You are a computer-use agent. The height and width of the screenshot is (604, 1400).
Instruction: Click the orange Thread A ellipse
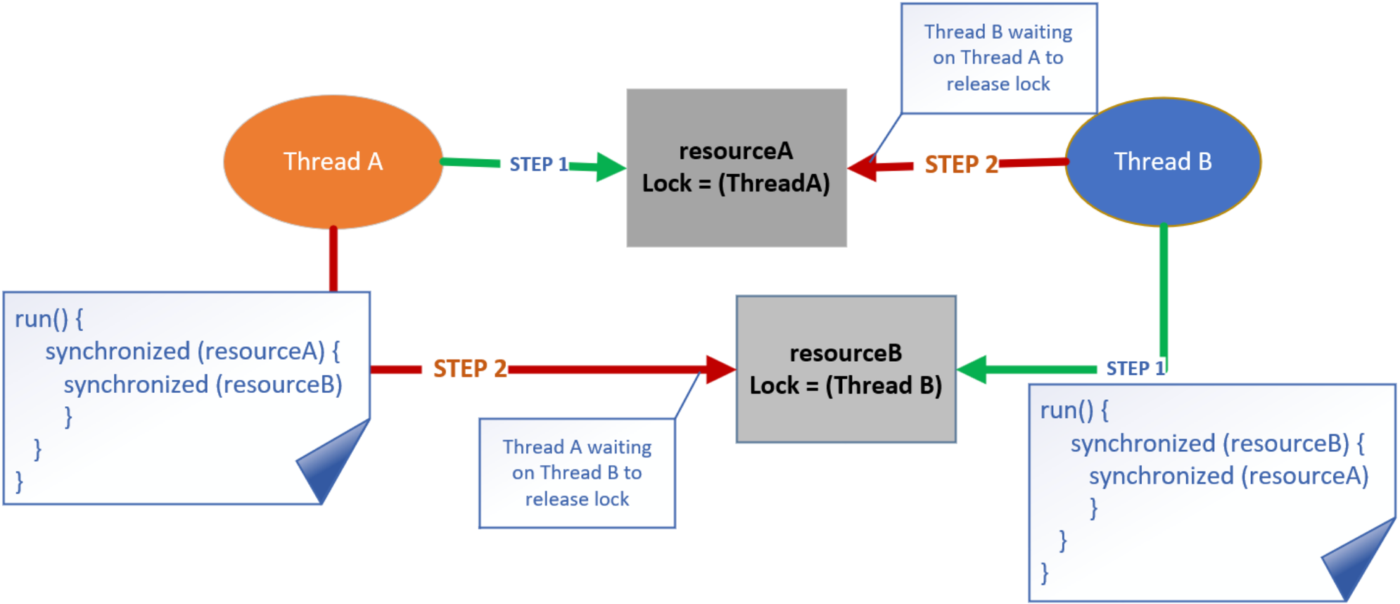point(333,162)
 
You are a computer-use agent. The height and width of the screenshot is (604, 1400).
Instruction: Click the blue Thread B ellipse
point(1162,162)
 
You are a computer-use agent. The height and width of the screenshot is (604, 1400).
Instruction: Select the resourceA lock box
point(736,168)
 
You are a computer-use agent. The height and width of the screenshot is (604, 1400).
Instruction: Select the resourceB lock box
point(845,369)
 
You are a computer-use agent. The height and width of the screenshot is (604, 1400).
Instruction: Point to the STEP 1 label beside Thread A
point(538,164)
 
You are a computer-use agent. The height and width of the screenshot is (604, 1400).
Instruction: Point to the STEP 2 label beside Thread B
point(961,164)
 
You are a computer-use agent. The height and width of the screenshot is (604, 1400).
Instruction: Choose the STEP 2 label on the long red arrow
point(470,368)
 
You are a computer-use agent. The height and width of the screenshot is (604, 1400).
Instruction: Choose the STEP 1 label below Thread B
point(1135,368)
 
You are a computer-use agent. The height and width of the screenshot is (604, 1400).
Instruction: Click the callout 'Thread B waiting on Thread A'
point(998,58)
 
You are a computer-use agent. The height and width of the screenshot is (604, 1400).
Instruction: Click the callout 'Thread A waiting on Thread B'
point(577,472)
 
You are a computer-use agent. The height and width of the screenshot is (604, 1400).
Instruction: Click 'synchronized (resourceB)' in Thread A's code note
point(203,384)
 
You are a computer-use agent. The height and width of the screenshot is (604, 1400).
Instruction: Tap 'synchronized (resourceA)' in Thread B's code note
point(1228,476)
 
